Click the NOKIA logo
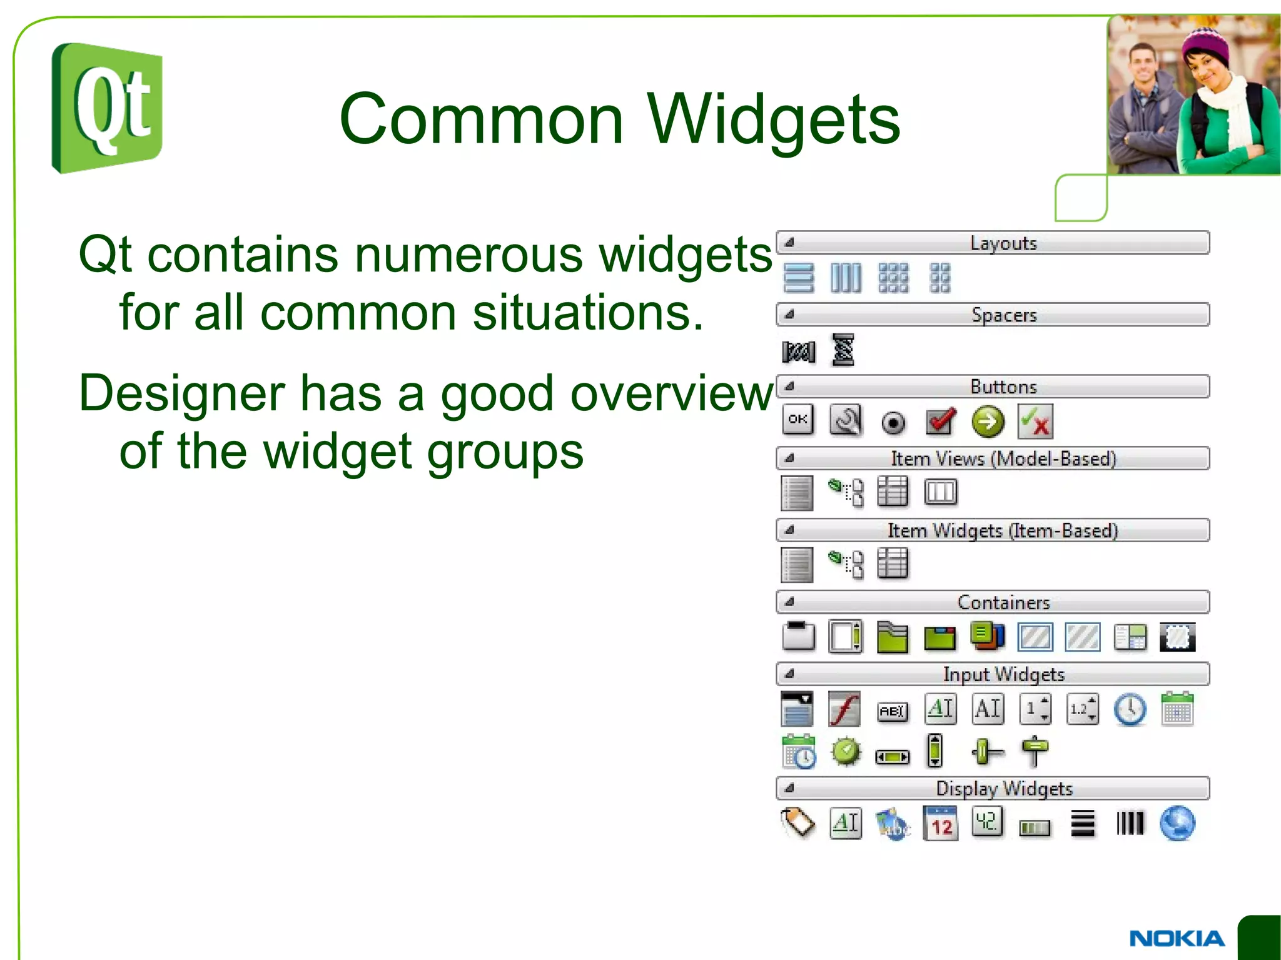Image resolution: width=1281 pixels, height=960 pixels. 1177,938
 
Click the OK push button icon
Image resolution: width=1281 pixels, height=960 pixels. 798,420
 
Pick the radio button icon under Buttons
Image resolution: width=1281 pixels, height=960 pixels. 893,423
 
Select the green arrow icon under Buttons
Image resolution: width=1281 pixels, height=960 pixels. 988,422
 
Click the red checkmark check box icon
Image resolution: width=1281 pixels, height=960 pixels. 941,422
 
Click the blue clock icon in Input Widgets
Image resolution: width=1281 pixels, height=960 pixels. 1130,710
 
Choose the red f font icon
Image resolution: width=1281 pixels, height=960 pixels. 844,709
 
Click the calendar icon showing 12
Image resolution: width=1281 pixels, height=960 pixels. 941,824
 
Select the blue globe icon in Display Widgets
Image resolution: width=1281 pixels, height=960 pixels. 1177,824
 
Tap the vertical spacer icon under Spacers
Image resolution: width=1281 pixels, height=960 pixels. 843,350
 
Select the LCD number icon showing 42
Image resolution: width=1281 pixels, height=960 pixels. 988,822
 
